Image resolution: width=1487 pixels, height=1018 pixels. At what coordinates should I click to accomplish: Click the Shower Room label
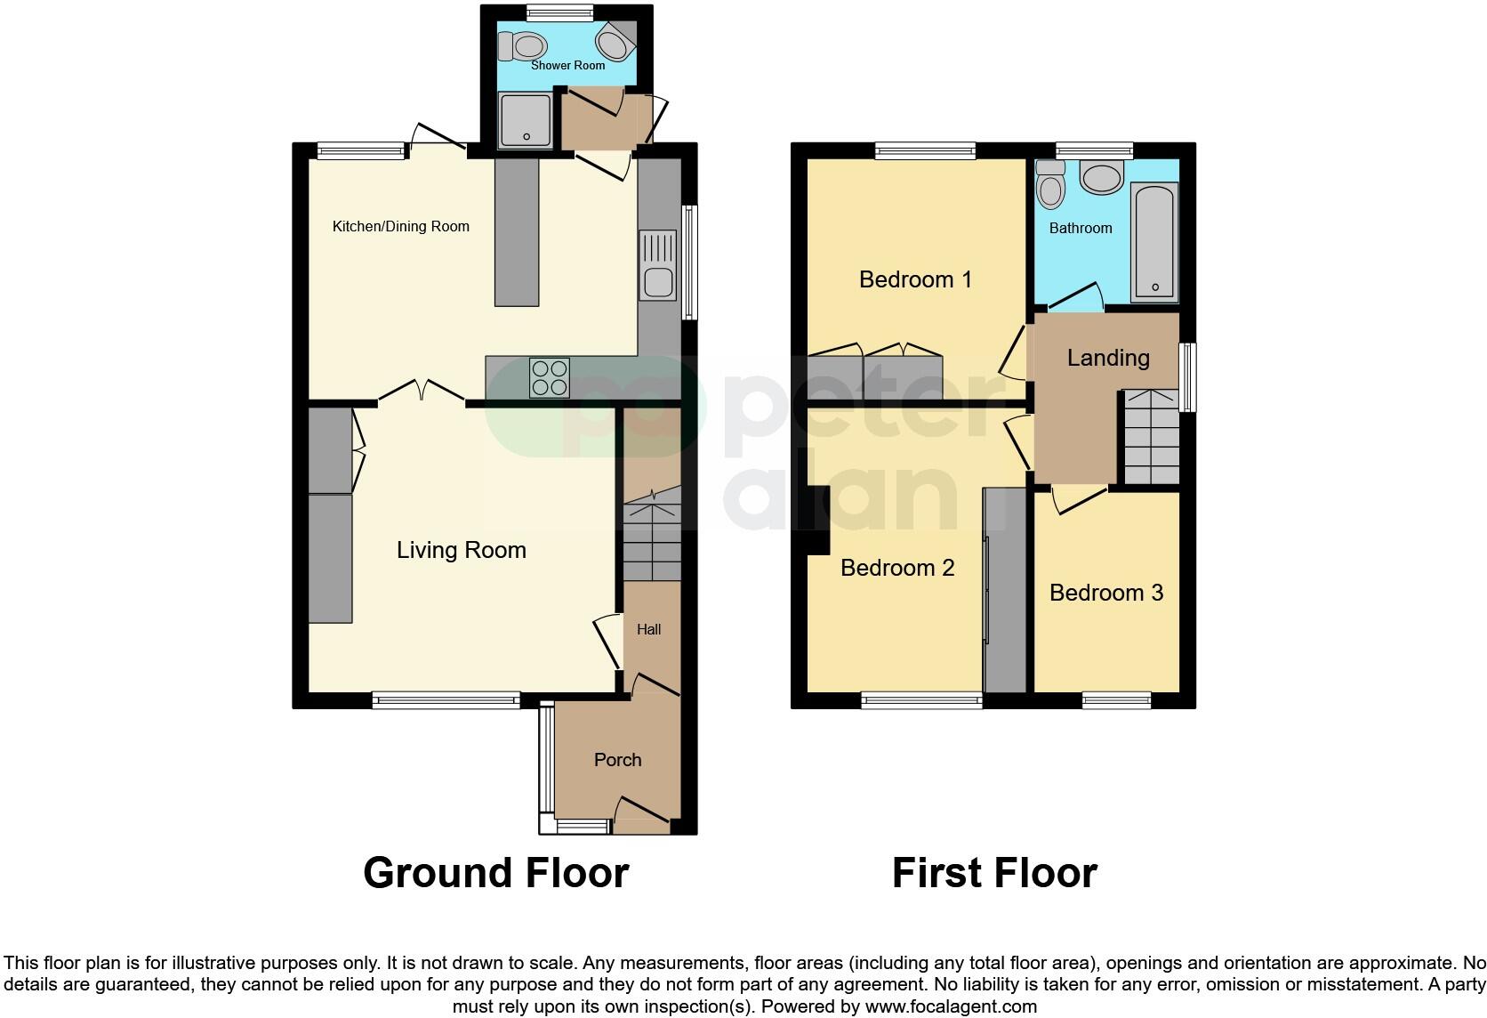click(567, 65)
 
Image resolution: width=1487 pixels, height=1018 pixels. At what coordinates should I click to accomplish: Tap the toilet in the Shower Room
click(524, 45)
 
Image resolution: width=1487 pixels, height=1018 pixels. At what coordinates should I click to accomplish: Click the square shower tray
click(526, 120)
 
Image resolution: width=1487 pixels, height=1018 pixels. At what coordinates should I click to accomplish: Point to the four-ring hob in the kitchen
click(550, 376)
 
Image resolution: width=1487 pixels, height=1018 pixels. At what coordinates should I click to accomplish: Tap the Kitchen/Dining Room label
click(400, 226)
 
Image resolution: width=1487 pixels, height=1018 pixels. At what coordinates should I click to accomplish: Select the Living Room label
click(461, 550)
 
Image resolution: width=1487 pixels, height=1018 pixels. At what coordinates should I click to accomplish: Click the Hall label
click(648, 629)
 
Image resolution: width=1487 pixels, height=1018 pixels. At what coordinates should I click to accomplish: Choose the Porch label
click(617, 759)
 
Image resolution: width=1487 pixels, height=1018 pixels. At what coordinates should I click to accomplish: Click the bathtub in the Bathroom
click(1154, 241)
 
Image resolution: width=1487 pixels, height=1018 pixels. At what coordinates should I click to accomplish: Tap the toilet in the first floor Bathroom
click(1051, 185)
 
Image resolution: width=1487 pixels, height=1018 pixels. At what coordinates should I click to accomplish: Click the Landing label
click(1108, 358)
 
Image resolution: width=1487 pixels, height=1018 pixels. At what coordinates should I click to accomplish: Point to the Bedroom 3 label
click(1105, 593)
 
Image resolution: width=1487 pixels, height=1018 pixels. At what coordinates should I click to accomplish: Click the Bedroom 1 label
click(915, 279)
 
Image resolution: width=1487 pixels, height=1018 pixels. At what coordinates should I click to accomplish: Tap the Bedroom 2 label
click(897, 568)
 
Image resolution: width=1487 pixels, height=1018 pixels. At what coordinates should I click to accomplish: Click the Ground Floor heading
click(495, 873)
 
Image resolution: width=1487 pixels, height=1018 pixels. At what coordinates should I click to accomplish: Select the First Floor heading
click(994, 873)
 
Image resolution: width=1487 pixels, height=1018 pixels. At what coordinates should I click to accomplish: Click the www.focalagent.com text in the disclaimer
click(950, 1007)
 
